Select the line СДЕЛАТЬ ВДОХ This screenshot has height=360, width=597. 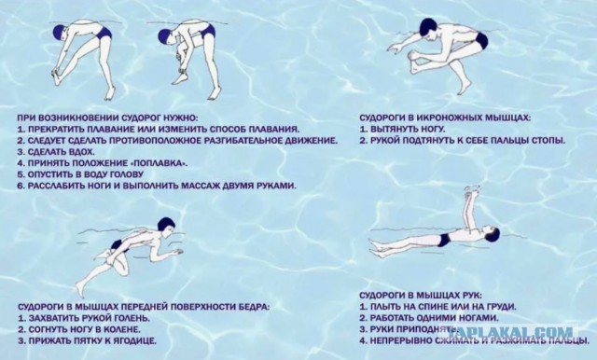click(56, 152)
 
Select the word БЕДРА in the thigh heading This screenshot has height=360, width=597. click(253, 307)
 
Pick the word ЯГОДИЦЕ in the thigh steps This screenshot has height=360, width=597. click(134, 341)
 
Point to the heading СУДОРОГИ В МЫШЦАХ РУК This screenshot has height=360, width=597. click(421, 296)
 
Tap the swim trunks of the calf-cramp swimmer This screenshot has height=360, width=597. click(481, 40)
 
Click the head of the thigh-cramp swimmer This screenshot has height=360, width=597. click(166, 226)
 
